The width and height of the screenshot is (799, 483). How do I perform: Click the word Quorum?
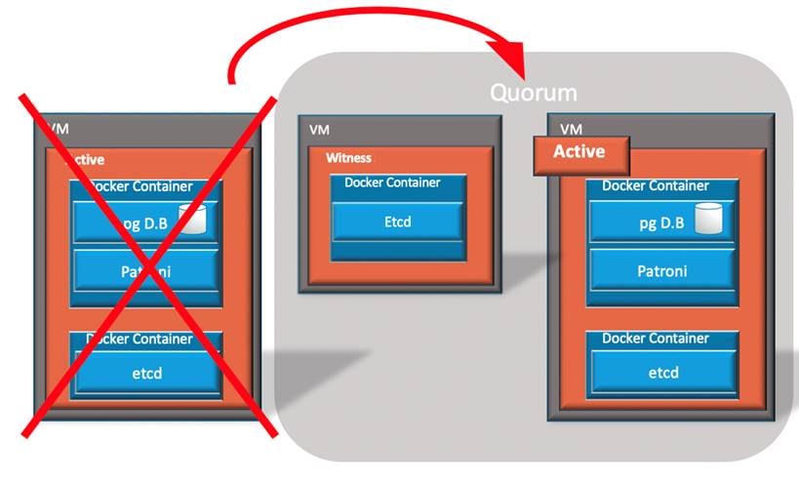[533, 94]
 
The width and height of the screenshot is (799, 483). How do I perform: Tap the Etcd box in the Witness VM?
[398, 221]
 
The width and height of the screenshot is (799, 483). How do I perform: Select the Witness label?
[348, 157]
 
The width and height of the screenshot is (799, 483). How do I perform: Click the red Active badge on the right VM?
[579, 152]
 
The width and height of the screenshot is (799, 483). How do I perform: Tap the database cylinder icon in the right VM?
[708, 221]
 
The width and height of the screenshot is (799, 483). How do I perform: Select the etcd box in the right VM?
[663, 372]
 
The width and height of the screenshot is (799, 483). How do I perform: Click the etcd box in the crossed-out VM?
[146, 373]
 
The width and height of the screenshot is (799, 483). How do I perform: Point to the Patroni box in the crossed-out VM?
[146, 270]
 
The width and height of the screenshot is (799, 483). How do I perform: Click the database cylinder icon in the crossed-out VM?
[194, 221]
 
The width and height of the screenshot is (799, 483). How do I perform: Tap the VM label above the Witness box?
[319, 129]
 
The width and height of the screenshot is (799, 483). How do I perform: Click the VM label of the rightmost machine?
[571, 129]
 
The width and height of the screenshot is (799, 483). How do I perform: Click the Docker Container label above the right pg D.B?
[656, 185]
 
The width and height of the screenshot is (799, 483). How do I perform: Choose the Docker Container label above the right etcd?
[656, 339]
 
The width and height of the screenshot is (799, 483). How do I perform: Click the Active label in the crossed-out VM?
[86, 159]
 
